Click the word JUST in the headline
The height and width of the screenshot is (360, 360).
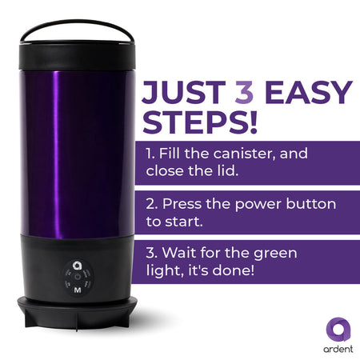tap(184, 92)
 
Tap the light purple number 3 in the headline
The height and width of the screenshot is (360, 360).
tap(244, 92)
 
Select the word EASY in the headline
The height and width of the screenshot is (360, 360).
tap(309, 92)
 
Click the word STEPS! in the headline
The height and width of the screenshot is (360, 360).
tap(200, 122)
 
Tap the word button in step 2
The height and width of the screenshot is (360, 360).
tap(311, 204)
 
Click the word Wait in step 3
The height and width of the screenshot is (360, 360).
tap(178, 253)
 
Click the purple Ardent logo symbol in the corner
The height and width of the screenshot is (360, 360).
tap(338, 329)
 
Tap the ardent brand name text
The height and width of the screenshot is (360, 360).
tap(338, 349)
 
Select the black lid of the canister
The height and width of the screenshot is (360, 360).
tap(77, 55)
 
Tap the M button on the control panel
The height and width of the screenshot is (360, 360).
tap(78, 290)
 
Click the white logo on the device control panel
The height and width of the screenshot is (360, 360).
tap(77, 266)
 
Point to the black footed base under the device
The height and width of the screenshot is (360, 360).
tap(78, 312)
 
